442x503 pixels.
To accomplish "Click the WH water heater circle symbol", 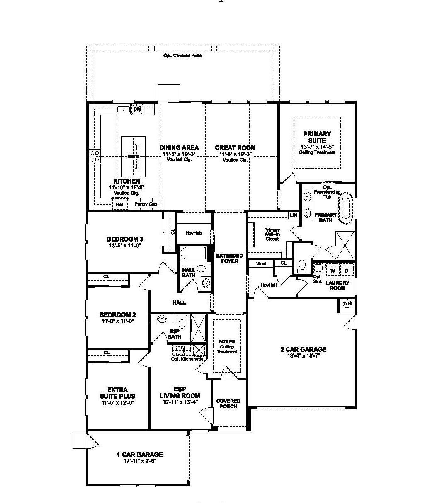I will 347,304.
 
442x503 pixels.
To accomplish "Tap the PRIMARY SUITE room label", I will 317,137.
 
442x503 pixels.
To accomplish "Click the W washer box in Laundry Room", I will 333,271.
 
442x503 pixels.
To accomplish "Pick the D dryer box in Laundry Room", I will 347,271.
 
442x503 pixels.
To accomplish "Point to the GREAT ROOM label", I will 235,148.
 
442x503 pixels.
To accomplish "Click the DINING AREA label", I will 179,148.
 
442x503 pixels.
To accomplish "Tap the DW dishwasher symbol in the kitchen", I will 137,109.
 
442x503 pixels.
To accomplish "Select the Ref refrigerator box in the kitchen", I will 119,204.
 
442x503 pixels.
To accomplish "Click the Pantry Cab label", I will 146,204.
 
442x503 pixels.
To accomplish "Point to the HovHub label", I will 194,233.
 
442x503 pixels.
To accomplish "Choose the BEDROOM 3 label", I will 125,239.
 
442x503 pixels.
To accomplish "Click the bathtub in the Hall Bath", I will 193,253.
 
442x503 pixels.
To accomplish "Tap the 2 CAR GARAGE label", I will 304,349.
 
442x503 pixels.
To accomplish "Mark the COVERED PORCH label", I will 228,404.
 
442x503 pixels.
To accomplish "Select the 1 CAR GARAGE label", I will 140,455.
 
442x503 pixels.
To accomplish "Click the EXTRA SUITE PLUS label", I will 118,393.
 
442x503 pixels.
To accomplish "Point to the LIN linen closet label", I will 294,215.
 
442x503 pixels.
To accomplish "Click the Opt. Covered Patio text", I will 183,56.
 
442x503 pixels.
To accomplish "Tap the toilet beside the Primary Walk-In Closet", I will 302,264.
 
